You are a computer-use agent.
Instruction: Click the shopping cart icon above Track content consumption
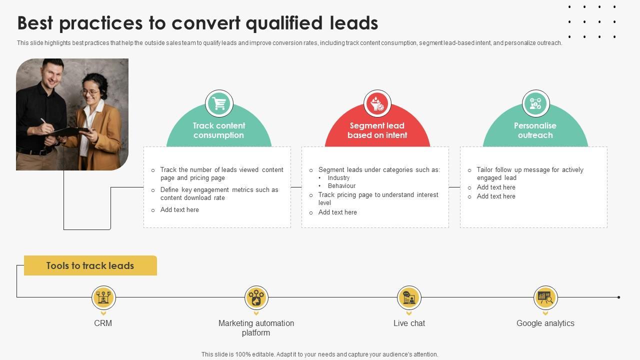point(219,104)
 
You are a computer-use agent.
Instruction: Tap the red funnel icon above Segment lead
point(377,104)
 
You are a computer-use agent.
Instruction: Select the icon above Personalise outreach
point(535,104)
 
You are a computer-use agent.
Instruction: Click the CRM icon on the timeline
point(103,298)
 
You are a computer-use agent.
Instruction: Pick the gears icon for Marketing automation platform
point(256,298)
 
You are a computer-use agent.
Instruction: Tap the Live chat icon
point(409,298)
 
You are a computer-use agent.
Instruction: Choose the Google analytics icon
point(545,298)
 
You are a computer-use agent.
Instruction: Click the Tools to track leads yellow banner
point(90,265)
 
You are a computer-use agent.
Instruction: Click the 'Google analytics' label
point(545,323)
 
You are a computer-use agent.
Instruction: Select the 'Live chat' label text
point(409,323)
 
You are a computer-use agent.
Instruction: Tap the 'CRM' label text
point(103,323)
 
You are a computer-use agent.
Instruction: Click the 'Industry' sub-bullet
point(338,178)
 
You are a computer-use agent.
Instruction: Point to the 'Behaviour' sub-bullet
point(341,186)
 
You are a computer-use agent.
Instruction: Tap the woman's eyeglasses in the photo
point(90,92)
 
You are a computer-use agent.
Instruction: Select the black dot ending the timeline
point(618,297)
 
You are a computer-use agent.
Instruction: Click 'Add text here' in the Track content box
point(179,210)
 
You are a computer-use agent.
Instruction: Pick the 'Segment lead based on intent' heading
point(377,130)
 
